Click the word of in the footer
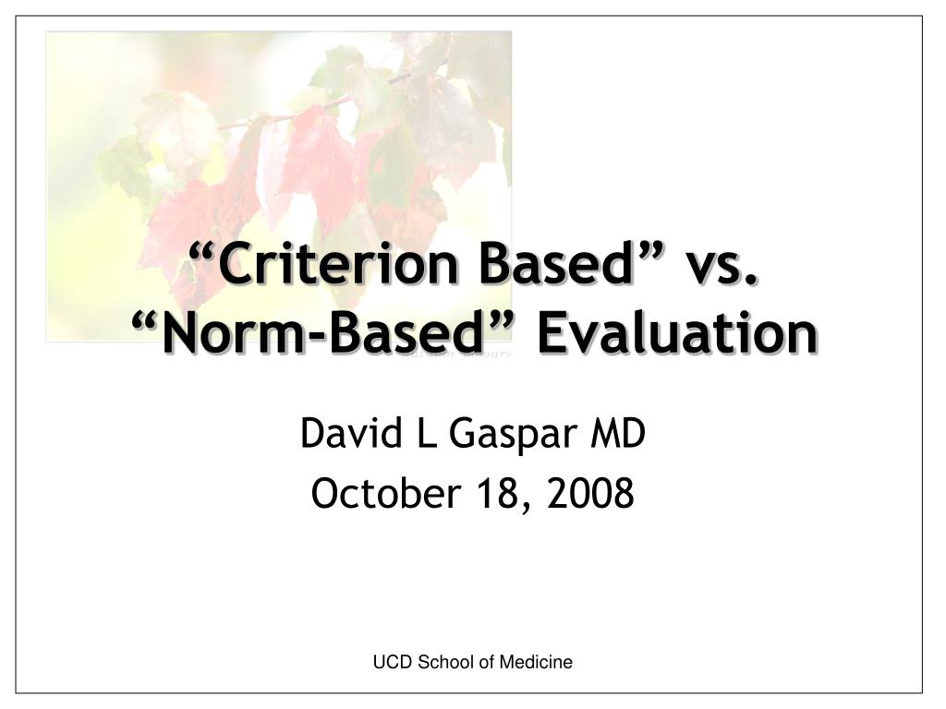point(485,662)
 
